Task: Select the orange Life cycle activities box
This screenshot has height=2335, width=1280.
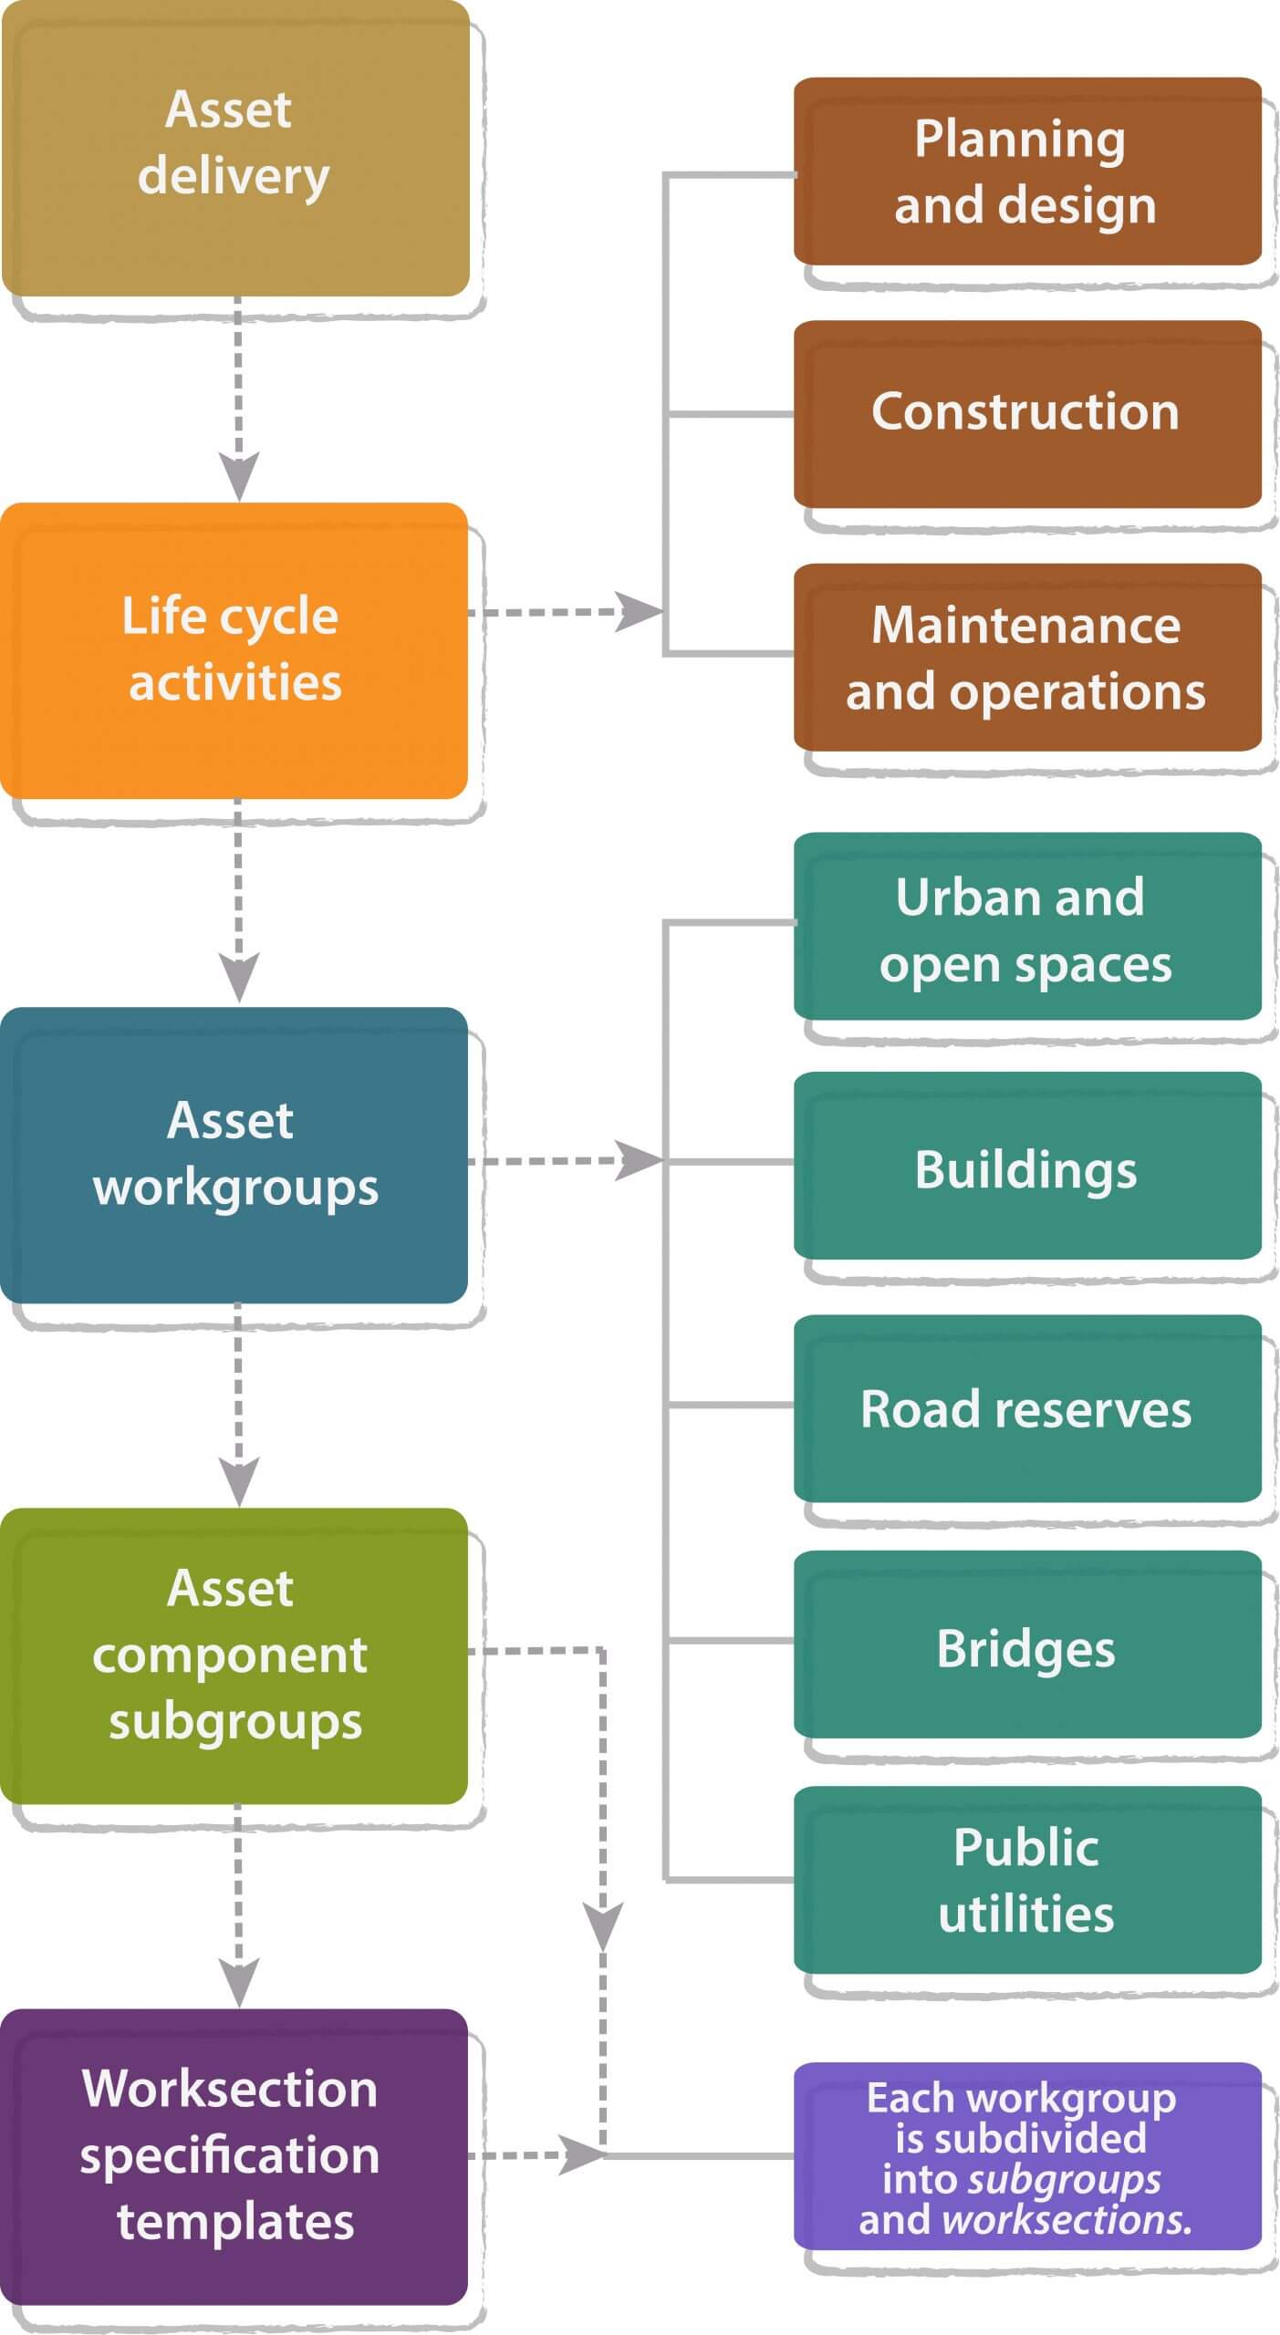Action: tap(234, 649)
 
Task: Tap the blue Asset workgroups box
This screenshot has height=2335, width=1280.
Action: tap(234, 1154)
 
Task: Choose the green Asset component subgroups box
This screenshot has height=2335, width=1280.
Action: tap(234, 1655)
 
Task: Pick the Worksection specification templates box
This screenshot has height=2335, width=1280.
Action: tap(234, 2156)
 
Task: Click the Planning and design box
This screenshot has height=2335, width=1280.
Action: tap(1026, 171)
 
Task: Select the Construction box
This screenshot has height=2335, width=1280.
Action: tap(1026, 413)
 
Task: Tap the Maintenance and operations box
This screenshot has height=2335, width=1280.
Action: tap(1026, 657)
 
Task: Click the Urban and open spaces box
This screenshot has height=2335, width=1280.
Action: tap(1026, 926)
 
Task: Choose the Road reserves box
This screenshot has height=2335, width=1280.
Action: tap(1026, 1408)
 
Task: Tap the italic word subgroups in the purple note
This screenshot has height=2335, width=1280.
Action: tap(1064, 2180)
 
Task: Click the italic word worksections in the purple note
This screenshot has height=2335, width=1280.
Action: tap(1066, 2219)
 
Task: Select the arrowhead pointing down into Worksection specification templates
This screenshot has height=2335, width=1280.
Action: tap(239, 1981)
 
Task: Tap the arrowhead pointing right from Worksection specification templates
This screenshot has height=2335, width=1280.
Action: tap(580, 2155)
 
